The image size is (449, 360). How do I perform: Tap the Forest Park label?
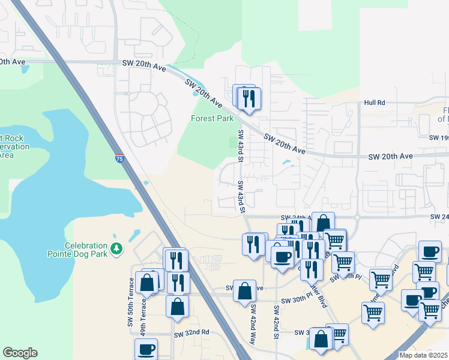[x=212, y=118]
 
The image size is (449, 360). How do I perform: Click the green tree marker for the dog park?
[x=117, y=247]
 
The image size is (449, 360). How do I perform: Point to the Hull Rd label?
[x=374, y=103]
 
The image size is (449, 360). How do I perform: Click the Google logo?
[x=20, y=353]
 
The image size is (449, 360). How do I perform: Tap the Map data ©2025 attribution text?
[x=423, y=355]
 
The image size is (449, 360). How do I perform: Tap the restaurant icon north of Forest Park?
[x=249, y=98]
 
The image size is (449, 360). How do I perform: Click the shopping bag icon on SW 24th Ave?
[x=323, y=223]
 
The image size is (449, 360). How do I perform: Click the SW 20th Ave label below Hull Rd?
[x=390, y=156]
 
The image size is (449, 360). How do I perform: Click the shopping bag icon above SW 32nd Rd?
[x=178, y=307]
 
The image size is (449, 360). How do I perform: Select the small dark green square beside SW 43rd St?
[x=234, y=142]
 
